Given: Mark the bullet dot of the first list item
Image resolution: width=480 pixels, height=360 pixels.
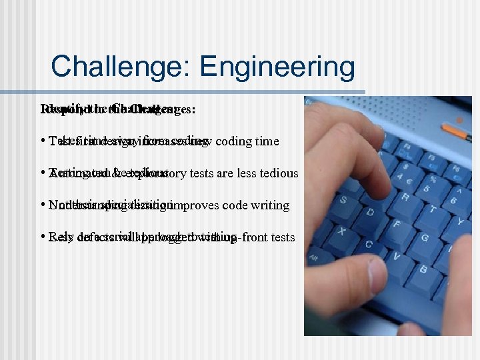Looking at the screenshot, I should click(x=42, y=141).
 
